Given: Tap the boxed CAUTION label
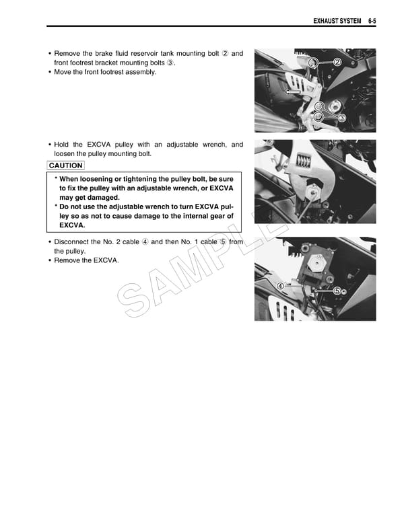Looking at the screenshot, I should (66, 165).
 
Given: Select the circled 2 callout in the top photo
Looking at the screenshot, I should (337, 63).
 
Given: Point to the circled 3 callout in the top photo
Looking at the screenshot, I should (341, 118).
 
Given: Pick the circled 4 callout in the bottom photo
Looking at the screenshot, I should (279, 285).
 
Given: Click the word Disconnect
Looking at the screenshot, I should (73, 241).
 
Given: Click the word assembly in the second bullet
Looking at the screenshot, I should (141, 72).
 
